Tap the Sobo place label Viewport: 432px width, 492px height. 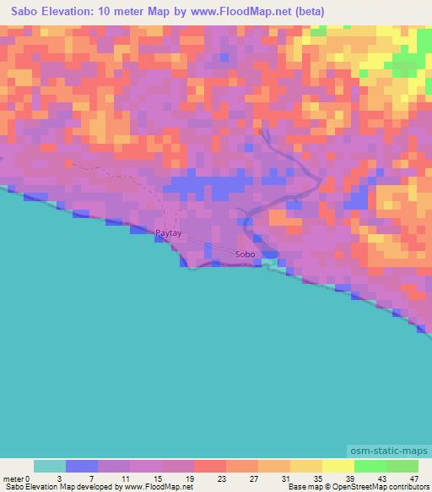pyautogui.click(x=245, y=254)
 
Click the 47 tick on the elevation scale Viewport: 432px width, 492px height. pyautogui.click(x=413, y=478)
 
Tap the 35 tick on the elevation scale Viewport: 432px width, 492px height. pyautogui.click(x=316, y=478)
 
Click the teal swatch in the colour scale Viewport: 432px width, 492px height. pyautogui.click(x=49, y=466)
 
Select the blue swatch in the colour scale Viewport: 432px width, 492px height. pyautogui.click(x=82, y=466)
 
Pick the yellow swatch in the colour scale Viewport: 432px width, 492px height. pyautogui.click(x=337, y=466)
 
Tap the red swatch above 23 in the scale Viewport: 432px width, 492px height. pyautogui.click(x=210, y=466)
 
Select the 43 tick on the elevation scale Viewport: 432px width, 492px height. pyautogui.click(x=381, y=478)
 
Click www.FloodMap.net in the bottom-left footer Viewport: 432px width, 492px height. pyautogui.click(x=158, y=487)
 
